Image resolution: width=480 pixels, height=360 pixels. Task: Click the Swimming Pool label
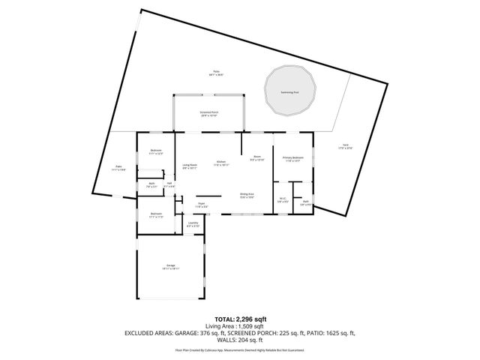[x=289, y=92]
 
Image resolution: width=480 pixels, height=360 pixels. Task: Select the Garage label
[x=171, y=266]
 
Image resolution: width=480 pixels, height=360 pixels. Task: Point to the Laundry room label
[x=193, y=223]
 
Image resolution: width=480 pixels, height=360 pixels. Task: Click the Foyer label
[x=202, y=203]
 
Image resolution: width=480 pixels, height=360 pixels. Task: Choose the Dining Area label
[x=247, y=194]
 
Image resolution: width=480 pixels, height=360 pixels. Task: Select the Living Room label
[x=190, y=165]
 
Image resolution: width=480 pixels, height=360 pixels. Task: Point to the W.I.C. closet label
[x=282, y=199]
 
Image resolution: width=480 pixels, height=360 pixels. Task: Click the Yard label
[x=345, y=146]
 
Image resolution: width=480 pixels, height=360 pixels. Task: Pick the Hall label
[x=169, y=184]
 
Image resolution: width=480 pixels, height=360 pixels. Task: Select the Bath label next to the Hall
[x=151, y=184]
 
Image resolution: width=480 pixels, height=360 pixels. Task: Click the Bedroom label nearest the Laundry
[x=156, y=214]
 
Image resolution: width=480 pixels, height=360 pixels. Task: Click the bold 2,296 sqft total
[x=249, y=319]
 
